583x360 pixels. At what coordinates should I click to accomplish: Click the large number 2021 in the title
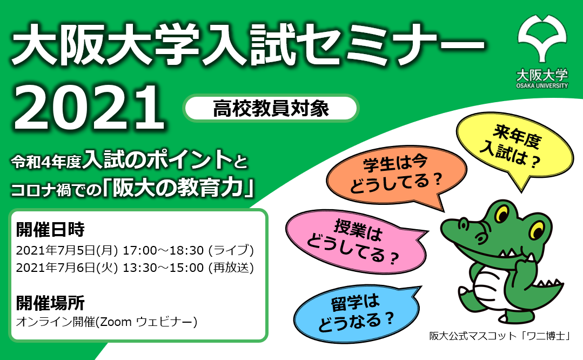click(x=89, y=108)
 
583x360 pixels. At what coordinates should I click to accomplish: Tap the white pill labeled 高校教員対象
click(x=271, y=108)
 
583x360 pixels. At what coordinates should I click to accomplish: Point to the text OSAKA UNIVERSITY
click(x=542, y=85)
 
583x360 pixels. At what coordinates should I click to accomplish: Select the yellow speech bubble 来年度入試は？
click(x=515, y=147)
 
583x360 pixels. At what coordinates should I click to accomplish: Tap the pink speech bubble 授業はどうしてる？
click(x=355, y=240)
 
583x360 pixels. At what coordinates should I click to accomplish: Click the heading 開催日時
click(x=50, y=229)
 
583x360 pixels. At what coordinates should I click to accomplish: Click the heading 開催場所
click(x=50, y=303)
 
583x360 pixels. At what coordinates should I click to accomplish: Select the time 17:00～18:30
click(x=163, y=250)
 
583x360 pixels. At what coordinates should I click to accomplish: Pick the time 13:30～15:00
click(x=163, y=268)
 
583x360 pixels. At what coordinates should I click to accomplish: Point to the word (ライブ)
click(x=231, y=250)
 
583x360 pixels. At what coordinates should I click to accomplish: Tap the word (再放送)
click(x=231, y=268)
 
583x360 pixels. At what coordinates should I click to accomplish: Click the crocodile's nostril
click(x=463, y=223)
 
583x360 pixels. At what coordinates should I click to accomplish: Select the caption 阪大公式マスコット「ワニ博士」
click(x=500, y=336)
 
